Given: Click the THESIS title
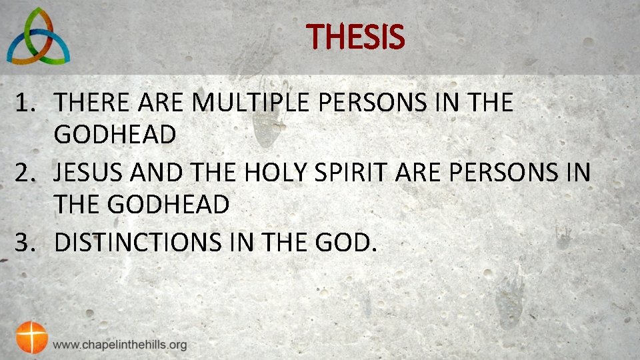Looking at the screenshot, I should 356,37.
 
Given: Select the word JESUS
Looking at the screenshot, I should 89,173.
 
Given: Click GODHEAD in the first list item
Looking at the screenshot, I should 115,135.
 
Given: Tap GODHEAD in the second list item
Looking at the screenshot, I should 168,205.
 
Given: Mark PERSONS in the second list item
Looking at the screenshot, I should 503,173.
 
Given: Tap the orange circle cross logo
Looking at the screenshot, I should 31,337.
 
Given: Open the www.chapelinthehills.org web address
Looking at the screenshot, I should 120,345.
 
